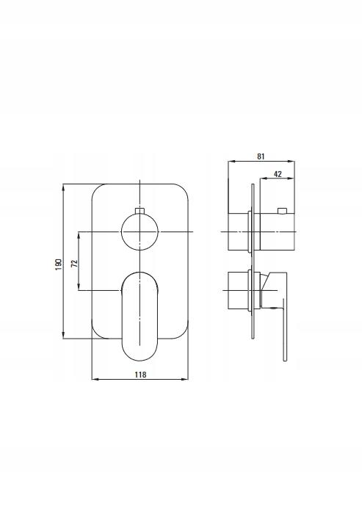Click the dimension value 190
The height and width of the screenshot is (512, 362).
[59, 264]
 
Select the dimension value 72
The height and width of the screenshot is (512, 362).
[74, 264]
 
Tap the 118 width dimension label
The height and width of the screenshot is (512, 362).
[141, 374]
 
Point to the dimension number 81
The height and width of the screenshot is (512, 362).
[261, 156]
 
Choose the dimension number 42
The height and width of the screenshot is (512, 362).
[278, 174]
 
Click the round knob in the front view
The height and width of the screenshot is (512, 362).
[140, 231]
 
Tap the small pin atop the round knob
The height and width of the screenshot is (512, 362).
[140, 210]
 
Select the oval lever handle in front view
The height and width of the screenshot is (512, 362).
[140, 316]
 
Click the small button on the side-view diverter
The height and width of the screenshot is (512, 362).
[282, 209]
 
